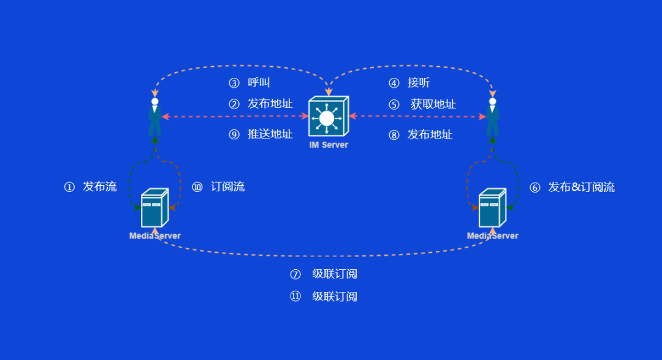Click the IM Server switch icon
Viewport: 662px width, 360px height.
(x=328, y=117)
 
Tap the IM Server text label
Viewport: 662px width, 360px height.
(x=329, y=145)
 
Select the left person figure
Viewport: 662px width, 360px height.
(x=154, y=117)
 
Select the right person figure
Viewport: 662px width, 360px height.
(x=492, y=117)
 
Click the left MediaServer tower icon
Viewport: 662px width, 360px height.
(x=154, y=208)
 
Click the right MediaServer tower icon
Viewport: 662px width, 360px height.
(x=492, y=208)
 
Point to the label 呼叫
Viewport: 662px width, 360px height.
(x=259, y=83)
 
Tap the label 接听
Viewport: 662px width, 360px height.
(x=419, y=83)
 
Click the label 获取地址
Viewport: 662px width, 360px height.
(x=433, y=104)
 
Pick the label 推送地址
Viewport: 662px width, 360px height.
(x=270, y=134)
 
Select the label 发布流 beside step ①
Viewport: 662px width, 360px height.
(x=100, y=187)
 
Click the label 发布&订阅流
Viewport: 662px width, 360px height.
(x=581, y=187)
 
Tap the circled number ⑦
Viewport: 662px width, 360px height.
(x=295, y=274)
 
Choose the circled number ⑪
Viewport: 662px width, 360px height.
(x=295, y=297)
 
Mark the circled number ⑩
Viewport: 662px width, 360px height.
(x=197, y=187)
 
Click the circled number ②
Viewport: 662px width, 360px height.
(x=234, y=104)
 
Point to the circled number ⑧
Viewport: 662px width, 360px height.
(x=394, y=134)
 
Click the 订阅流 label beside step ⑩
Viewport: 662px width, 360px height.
(x=228, y=187)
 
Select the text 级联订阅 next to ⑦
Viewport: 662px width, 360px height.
(x=335, y=274)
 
